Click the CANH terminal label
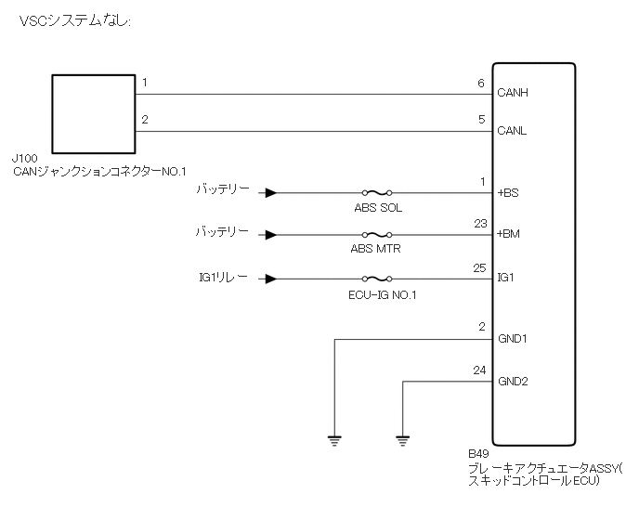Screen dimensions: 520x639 [513, 94]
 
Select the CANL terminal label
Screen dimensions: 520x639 [513, 131]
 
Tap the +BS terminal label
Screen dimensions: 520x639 [508, 194]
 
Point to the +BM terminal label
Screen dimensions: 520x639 [509, 234]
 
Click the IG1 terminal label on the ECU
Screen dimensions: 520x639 [506, 278]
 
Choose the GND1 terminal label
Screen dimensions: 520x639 [513, 339]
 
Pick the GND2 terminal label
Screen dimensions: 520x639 [513, 381]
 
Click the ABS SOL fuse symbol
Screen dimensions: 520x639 [376, 194]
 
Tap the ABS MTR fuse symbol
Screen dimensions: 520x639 [376, 235]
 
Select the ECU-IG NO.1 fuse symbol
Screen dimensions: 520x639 [376, 278]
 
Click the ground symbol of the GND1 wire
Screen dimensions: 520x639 [333, 437]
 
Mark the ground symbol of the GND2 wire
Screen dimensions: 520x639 [403, 437]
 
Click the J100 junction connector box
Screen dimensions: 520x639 [93, 113]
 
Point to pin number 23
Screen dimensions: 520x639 [478, 223]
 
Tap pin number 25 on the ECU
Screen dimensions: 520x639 [478, 266]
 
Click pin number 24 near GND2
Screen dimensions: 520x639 [478, 370]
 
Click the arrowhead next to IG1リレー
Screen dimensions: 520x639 [269, 278]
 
